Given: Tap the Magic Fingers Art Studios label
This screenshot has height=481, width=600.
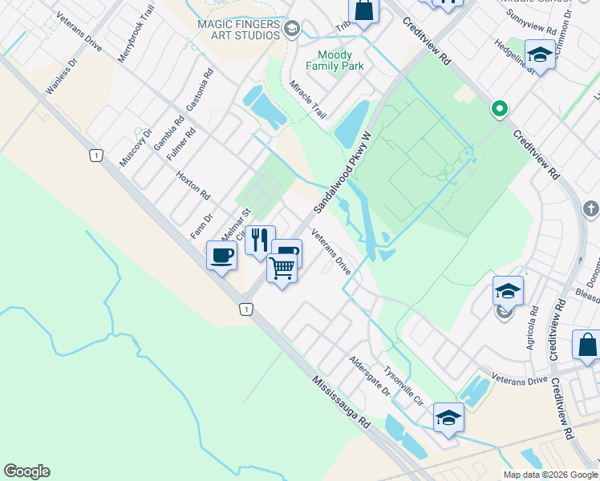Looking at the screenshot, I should click(239, 30).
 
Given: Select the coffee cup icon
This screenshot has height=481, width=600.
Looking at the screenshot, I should click(221, 257).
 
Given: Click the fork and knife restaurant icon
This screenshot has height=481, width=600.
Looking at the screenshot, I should click(259, 240).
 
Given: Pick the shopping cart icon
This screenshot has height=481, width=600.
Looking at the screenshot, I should click(282, 268).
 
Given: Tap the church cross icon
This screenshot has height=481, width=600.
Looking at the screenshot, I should click(591, 208).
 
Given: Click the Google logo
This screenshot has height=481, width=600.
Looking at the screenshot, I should click(26, 471).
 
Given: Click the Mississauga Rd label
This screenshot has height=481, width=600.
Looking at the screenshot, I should click(341, 401).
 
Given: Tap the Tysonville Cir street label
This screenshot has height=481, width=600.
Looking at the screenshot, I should click(403, 385).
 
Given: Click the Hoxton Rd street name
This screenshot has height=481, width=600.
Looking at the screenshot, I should click(193, 184).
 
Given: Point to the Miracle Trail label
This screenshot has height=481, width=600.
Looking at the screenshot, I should click(308, 99).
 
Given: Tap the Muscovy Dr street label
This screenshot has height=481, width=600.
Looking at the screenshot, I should click(136, 147).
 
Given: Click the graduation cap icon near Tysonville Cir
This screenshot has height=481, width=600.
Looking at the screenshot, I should click(448, 417).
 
